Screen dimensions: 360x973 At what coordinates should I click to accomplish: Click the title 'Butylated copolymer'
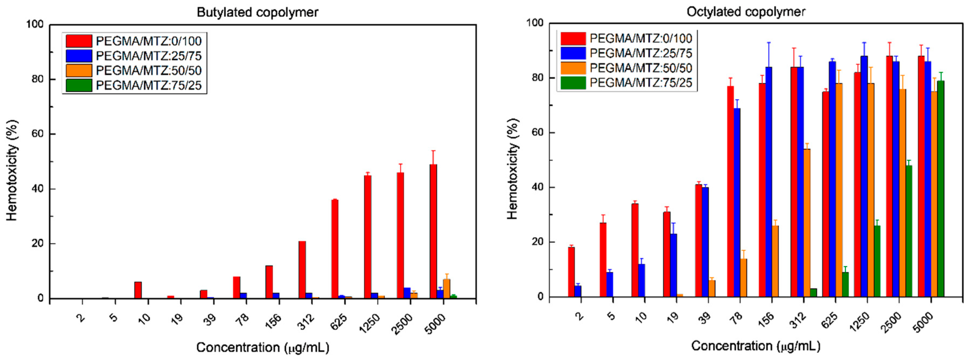coord(258,12)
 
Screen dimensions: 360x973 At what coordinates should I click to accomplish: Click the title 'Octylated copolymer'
coord(746,12)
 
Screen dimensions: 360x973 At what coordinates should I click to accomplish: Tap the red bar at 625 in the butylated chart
coord(335,249)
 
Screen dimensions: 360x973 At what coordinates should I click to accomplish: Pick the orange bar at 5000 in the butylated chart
coord(446,289)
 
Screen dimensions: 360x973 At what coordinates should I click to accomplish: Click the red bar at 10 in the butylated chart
coord(138,290)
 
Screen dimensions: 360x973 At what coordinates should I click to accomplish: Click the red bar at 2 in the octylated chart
coord(571,272)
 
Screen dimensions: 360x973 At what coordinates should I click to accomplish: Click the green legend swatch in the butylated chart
coord(79,85)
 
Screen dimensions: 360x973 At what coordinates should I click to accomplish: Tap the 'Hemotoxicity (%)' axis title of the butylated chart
coord(12,170)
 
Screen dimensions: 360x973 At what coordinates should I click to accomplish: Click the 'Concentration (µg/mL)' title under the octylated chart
coord(755,346)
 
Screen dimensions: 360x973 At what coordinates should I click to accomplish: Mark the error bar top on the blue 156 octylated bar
coord(769,43)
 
